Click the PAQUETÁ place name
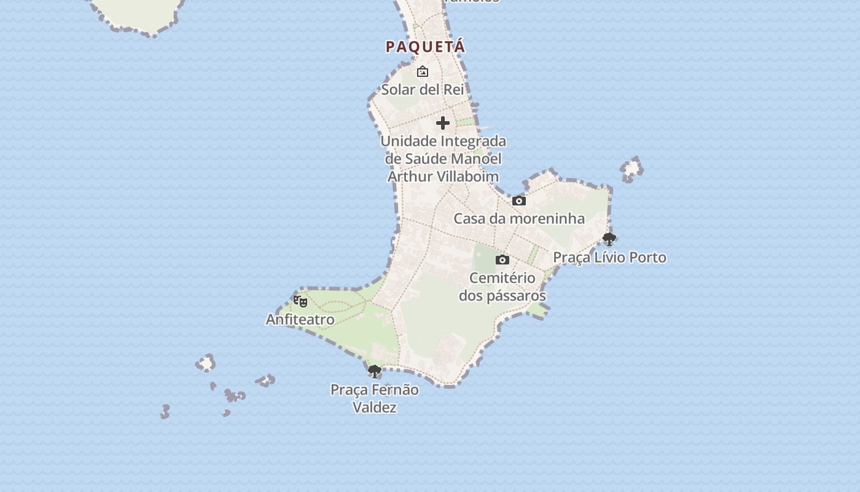click(x=425, y=47)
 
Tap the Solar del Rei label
click(x=423, y=90)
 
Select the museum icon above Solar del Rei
click(x=423, y=72)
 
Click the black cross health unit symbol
click(x=443, y=123)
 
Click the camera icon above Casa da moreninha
click(x=519, y=201)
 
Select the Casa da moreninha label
click(x=519, y=219)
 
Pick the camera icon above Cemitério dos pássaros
click(x=502, y=260)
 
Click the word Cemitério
click(x=502, y=278)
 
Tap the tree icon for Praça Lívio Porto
click(x=609, y=239)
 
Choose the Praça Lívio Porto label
click(x=609, y=257)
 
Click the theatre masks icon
click(x=300, y=301)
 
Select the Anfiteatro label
click(x=300, y=320)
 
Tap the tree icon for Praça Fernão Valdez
click(x=374, y=371)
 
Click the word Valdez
click(x=375, y=407)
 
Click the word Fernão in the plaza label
click(x=397, y=390)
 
